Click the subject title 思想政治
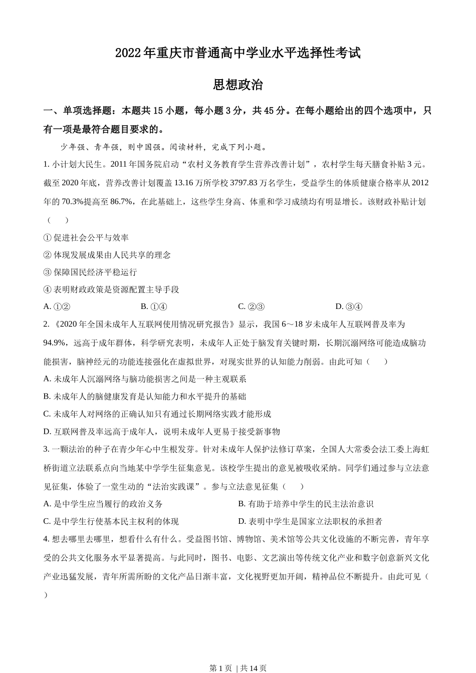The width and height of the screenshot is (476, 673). point(238,85)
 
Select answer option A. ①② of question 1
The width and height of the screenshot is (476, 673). point(57,306)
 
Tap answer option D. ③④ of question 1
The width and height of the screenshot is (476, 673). point(349,306)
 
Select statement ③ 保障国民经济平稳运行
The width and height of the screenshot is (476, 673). point(90,272)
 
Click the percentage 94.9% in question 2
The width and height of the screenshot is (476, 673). point(55,343)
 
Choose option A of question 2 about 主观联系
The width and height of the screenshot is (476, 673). point(145,379)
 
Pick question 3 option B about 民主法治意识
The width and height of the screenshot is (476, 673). point(306,504)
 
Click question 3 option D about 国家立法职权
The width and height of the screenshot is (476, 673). point(310,521)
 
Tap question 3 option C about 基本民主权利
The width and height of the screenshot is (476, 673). point(111,521)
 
